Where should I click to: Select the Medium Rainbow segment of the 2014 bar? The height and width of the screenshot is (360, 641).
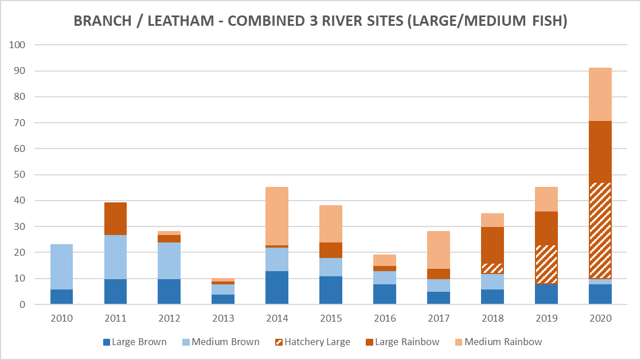pos(277,214)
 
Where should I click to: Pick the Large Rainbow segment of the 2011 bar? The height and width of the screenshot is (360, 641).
pos(115,218)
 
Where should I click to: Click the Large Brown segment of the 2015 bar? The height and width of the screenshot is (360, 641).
pos(331,290)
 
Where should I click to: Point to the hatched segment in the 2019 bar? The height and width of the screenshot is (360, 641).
pos(546,264)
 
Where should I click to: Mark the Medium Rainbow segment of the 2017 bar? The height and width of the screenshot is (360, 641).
pos(438,250)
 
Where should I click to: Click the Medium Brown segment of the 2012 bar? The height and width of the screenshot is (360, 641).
pos(169,261)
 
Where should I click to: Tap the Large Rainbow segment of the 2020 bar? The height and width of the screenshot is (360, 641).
pos(600,152)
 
